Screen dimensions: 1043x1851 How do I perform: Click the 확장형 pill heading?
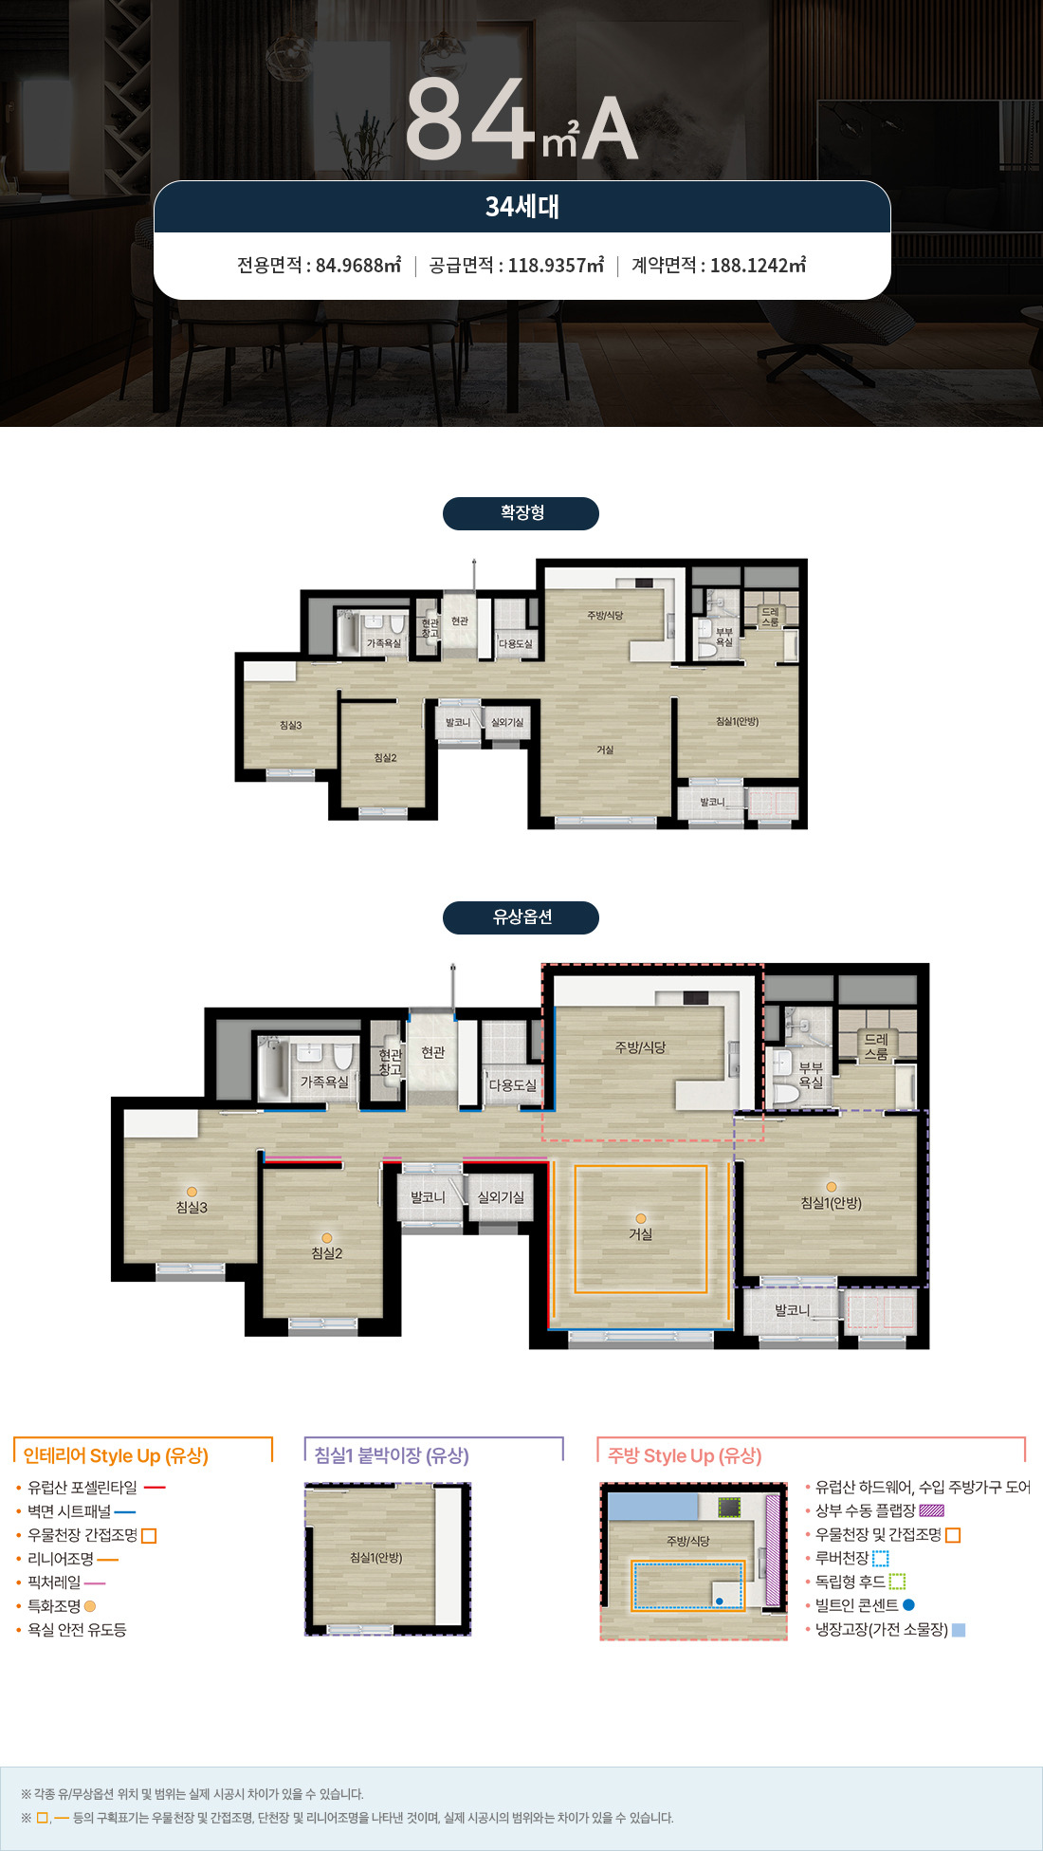coord(521,513)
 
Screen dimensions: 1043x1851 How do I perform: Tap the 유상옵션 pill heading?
coord(521,917)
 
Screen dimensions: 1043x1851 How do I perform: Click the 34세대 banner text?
coord(522,206)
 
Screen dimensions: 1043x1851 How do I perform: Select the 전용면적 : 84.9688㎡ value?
coord(319,265)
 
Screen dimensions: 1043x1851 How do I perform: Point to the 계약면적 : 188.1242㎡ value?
coord(719,265)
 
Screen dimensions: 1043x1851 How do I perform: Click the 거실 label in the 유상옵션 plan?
coord(641,1234)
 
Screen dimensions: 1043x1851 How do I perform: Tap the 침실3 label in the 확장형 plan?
coord(290,726)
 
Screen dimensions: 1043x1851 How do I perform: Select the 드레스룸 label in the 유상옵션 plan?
coord(876,1046)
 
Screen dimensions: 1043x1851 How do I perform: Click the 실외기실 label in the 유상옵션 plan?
coord(501,1197)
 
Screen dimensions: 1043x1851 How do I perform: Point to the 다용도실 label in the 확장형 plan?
coord(516,644)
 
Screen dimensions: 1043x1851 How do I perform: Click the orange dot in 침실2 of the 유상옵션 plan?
coord(327,1238)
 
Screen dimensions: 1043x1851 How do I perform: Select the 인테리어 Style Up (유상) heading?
coord(116,1455)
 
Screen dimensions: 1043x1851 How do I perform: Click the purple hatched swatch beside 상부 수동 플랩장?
coord(932,1510)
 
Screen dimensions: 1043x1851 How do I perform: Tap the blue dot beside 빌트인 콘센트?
coord(908,1605)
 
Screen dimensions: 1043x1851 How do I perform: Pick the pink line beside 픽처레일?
coord(95,1583)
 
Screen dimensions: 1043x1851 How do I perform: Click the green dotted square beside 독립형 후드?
coord(897,1582)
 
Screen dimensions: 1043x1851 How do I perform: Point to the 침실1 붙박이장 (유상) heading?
coord(392,1455)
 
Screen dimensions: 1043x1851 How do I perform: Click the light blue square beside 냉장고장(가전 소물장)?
coord(959,1630)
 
